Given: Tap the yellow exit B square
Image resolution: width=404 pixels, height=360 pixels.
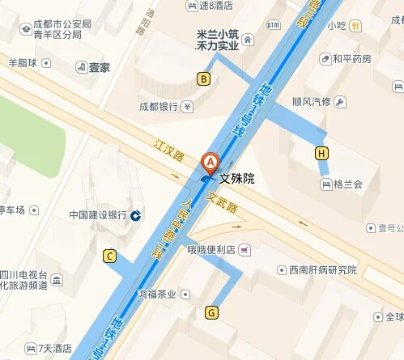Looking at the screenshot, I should point(204,78).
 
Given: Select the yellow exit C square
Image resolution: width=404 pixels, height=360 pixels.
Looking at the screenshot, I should point(110,256).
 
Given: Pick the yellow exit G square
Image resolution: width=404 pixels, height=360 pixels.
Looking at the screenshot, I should point(212,312).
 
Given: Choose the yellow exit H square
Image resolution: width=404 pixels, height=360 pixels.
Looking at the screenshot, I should point(323,153).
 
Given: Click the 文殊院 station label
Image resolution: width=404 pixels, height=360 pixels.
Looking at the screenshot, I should point(238,179).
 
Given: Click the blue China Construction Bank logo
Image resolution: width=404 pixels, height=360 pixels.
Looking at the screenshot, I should point(135,215).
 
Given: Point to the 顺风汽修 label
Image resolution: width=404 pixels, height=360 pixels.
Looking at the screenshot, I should point(310,102).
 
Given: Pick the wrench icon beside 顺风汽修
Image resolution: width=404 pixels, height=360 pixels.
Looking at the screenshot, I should point(339,102).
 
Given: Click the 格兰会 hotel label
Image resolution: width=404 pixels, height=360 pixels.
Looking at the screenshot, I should point(347,184).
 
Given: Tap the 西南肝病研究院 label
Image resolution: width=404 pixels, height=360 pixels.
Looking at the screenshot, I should point(317,269).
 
